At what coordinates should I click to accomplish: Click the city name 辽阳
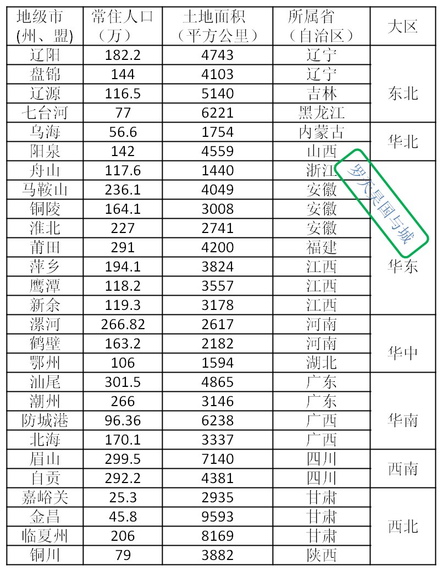point(45,55)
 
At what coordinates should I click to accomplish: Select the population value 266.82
point(123,324)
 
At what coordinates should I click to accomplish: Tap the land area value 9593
point(218,517)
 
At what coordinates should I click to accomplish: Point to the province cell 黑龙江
point(322,113)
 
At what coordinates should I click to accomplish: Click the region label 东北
point(402,93)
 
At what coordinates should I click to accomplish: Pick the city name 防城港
point(45,420)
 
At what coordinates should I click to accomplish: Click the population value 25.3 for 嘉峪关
point(123,497)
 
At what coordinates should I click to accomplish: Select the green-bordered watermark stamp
point(382,203)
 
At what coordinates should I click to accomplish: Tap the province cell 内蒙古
point(322,132)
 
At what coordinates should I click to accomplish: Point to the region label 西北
point(402,526)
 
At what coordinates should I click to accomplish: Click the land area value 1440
point(218,170)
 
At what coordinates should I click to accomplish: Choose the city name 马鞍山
point(45,190)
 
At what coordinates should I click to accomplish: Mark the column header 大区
point(402,26)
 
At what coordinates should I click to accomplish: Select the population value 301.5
point(123,381)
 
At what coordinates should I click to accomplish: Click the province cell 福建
point(322,247)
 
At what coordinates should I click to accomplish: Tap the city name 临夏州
point(45,536)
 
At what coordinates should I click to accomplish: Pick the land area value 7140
point(218,459)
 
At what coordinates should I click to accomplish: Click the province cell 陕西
point(322,555)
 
